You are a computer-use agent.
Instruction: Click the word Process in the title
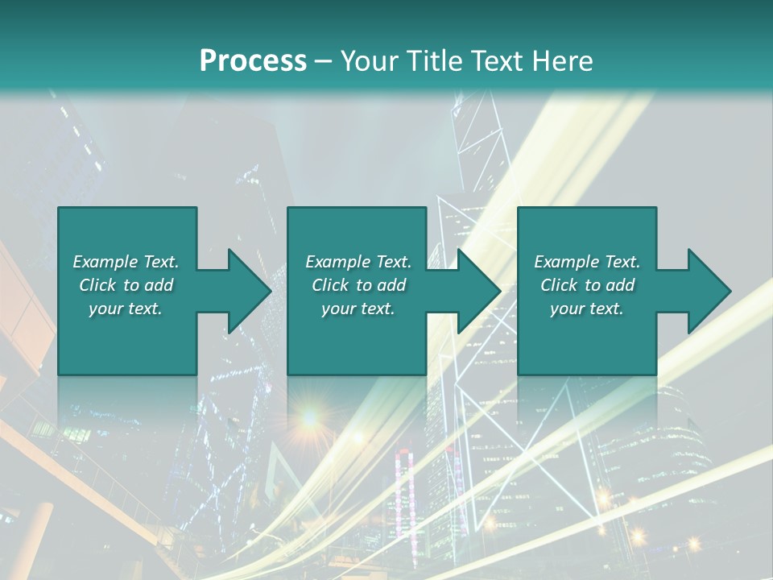click(x=253, y=61)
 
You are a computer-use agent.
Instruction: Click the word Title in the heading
click(x=435, y=61)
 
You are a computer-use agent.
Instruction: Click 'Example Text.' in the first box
click(x=126, y=262)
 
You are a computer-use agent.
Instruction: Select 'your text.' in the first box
click(x=126, y=309)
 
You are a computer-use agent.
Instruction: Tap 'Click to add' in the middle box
click(x=358, y=285)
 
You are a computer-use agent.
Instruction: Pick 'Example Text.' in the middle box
click(x=358, y=262)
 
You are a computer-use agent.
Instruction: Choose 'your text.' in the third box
click(x=587, y=309)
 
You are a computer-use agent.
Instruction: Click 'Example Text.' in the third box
click(x=587, y=262)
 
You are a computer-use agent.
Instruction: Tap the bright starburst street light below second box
click(x=308, y=418)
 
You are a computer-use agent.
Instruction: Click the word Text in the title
click(x=502, y=61)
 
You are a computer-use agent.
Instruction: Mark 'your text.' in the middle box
click(x=358, y=309)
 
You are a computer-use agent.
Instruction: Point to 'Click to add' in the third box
click(x=587, y=285)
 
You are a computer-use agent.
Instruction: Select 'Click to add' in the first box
click(x=126, y=285)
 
